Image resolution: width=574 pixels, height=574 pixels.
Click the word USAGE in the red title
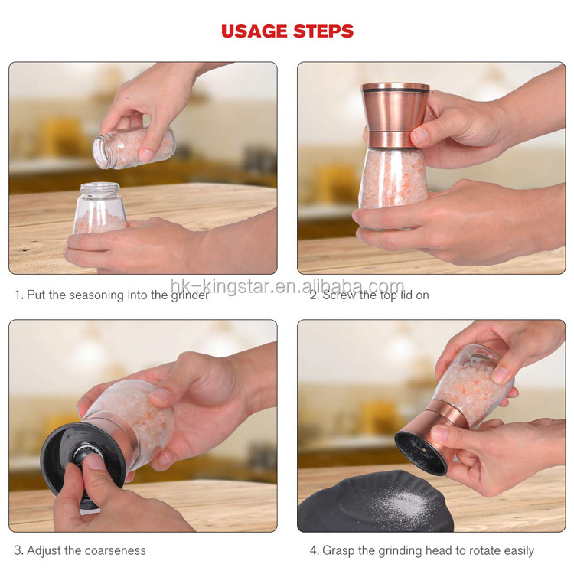point(254,31)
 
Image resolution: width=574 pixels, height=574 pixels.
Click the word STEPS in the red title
point(323,31)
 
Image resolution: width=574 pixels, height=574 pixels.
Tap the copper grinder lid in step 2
point(395,116)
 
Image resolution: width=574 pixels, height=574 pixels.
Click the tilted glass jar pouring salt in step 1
point(134,147)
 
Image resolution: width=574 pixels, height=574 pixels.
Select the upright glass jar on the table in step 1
point(99,208)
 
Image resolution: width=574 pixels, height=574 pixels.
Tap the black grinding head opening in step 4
point(420,453)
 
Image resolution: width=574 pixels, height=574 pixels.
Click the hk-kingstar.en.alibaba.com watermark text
point(287,286)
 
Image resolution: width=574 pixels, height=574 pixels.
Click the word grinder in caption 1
point(190,295)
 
